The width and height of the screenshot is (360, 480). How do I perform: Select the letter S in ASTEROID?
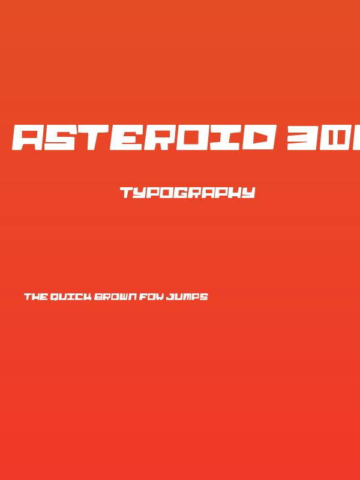[x=63, y=137]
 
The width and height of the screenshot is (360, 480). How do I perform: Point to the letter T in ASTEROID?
[x=96, y=137]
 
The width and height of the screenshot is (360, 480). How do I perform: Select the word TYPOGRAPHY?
[x=188, y=193]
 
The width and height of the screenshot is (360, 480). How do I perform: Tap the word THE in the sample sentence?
[x=35, y=296]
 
